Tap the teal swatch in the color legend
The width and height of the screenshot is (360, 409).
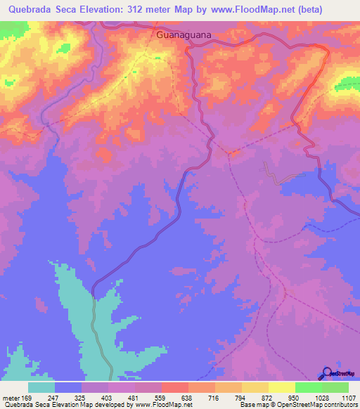click(41, 387)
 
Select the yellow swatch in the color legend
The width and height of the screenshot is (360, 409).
click(281, 387)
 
